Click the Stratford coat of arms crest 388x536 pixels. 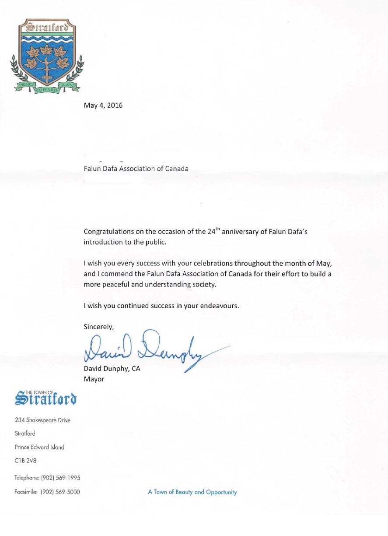46,56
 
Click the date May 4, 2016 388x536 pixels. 103,106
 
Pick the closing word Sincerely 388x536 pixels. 98,326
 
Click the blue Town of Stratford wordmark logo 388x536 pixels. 46,398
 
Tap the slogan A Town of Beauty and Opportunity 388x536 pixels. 192,492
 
